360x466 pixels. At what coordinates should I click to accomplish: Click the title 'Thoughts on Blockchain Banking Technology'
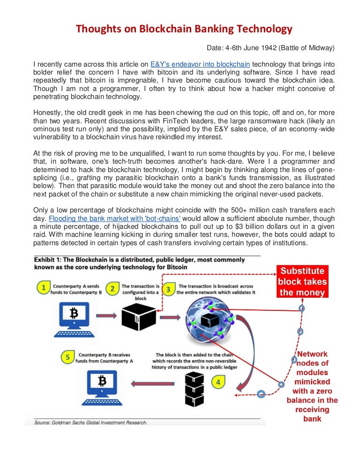[x=184, y=30]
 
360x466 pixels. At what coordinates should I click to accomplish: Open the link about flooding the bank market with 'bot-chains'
[x=115, y=218]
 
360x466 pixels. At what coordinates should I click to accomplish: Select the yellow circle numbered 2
[x=112, y=289]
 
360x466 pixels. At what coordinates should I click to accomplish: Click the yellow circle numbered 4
[x=217, y=382]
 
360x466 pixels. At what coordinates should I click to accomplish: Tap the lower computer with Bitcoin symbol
[x=102, y=387]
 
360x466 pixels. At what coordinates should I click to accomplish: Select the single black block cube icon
[x=139, y=317]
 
